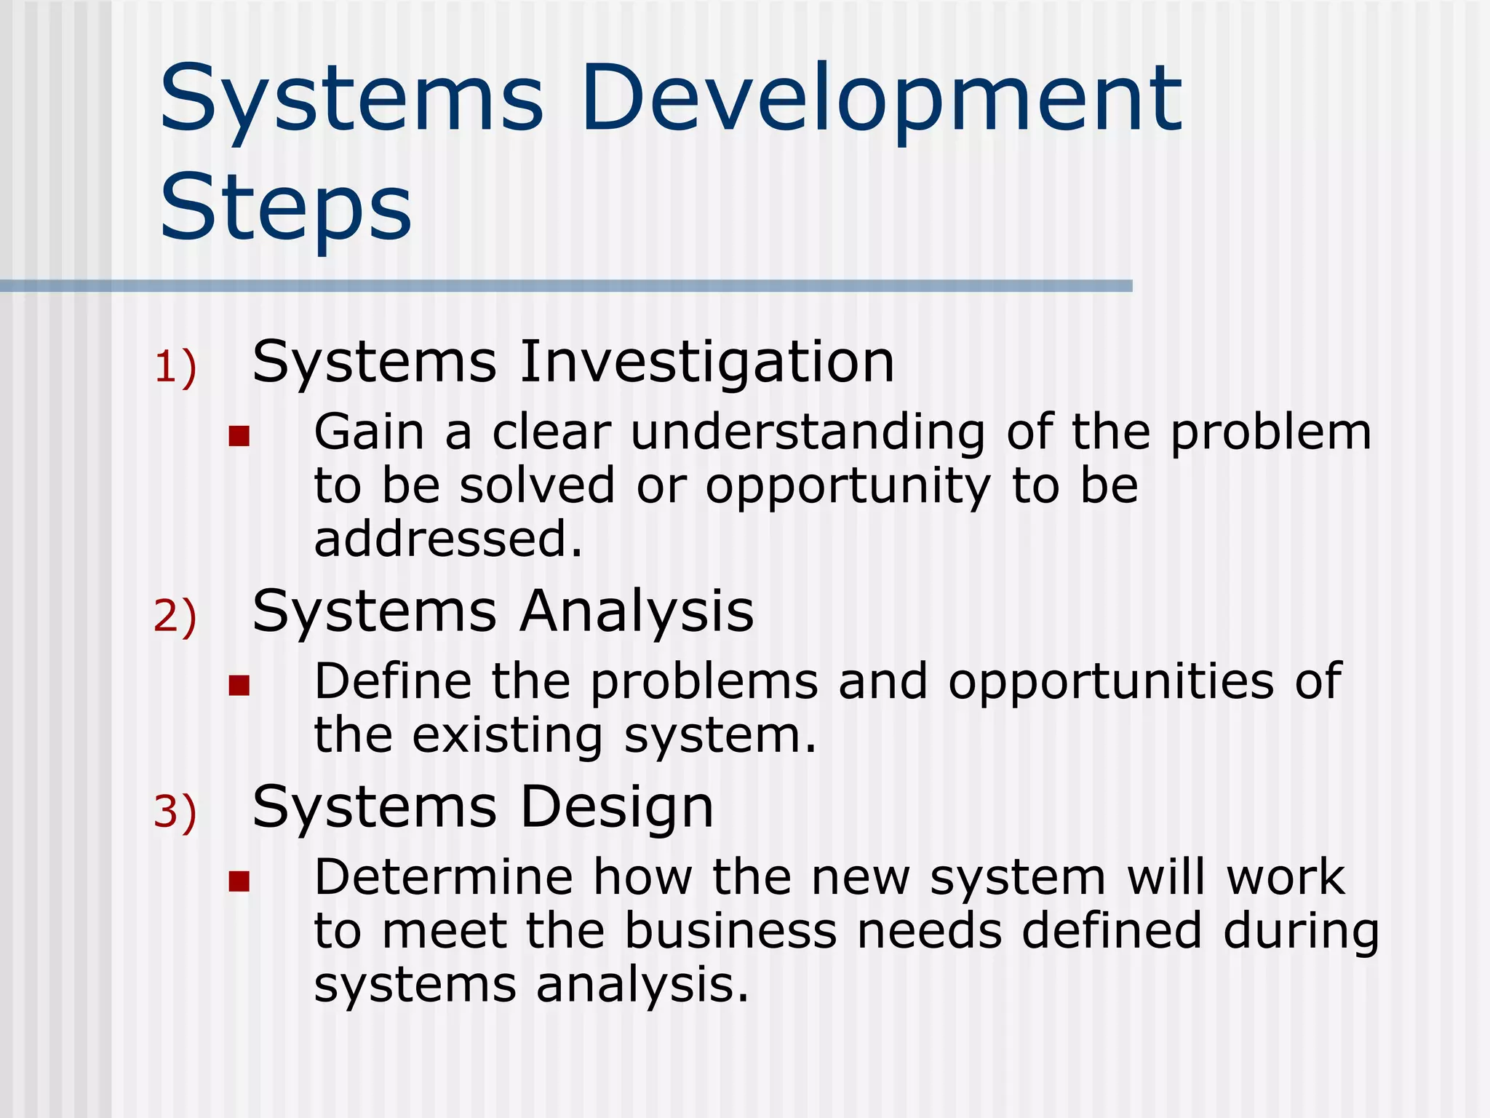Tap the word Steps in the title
point(285,207)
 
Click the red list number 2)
point(175,617)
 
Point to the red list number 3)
point(175,812)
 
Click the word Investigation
point(706,362)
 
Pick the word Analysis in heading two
point(637,611)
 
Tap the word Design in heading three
point(617,808)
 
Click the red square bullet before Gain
point(239,436)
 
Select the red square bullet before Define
point(239,685)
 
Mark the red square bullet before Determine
point(239,881)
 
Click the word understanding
point(808,432)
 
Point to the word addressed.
point(447,539)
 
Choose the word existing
point(507,737)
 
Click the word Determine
point(443,877)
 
